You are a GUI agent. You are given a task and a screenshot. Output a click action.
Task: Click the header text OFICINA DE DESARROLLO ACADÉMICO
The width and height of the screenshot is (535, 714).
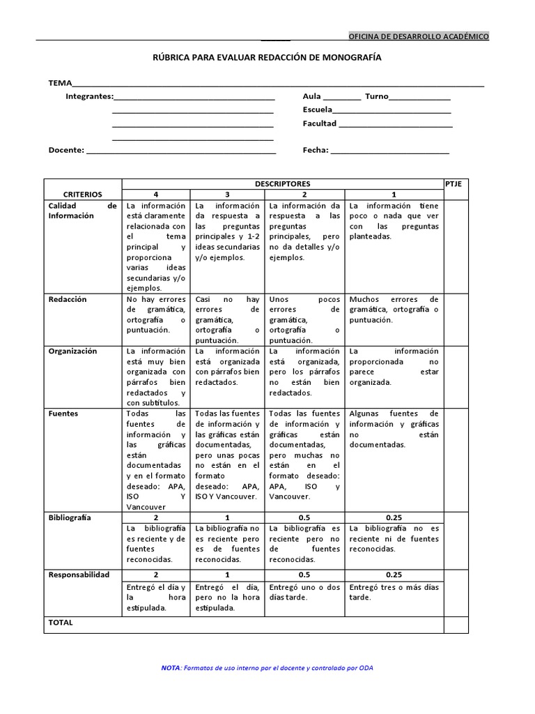click(419, 36)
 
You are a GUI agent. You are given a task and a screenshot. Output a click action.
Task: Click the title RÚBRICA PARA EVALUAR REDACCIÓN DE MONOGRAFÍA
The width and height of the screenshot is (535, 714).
click(267, 59)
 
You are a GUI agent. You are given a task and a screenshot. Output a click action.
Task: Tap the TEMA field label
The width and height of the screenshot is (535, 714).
click(60, 83)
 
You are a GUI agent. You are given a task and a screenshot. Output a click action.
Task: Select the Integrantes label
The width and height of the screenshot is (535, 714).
click(88, 96)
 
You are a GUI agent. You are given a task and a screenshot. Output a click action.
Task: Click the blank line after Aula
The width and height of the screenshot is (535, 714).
click(342, 98)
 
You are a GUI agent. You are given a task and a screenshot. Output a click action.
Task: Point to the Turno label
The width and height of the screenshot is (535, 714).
click(376, 96)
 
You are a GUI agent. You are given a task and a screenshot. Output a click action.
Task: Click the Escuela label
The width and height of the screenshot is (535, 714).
click(316, 109)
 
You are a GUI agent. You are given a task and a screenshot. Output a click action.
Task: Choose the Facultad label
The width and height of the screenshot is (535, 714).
click(319, 123)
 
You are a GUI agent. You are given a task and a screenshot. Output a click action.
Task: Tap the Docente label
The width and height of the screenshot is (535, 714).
click(66, 150)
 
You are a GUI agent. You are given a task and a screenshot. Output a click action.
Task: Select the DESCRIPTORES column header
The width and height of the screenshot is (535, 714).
click(282, 183)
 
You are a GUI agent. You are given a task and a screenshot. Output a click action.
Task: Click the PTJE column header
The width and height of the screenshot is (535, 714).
click(453, 183)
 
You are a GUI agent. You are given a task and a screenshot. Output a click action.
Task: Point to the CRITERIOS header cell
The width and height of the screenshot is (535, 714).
click(82, 195)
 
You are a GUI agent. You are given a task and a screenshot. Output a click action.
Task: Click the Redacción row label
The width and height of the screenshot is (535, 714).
click(68, 299)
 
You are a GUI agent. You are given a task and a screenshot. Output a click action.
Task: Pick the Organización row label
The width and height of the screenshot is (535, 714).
click(72, 351)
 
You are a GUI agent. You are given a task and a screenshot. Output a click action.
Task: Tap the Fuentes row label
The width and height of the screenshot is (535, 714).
click(63, 413)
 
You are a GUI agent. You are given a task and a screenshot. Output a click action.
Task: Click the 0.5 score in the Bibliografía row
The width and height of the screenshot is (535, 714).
click(304, 518)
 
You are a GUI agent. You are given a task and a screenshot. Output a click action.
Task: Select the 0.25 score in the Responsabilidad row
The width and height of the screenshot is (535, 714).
click(394, 575)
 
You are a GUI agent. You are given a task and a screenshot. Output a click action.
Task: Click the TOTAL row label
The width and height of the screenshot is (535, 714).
click(61, 623)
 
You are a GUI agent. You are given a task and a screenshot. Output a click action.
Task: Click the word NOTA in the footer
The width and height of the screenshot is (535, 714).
click(170, 668)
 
